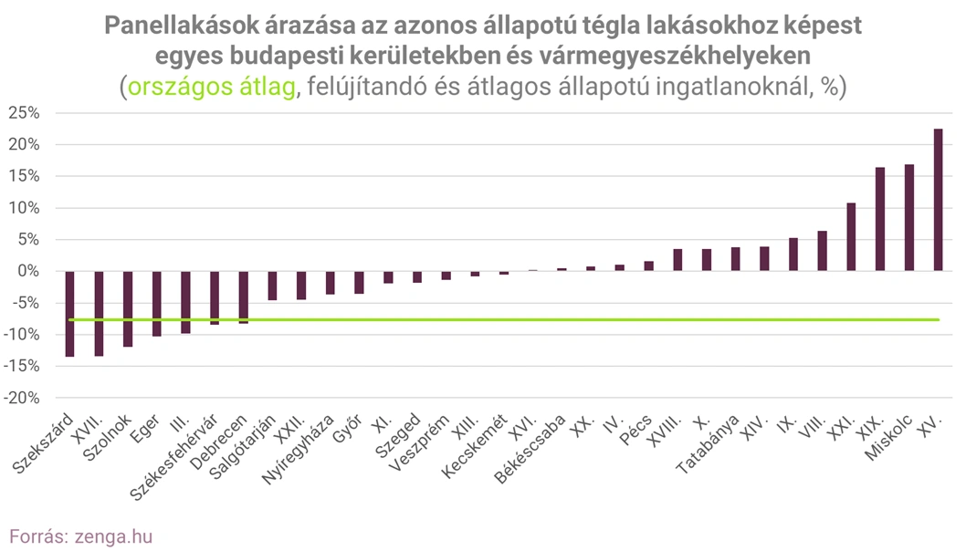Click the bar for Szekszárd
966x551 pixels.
tap(69, 314)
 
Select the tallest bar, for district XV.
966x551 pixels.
tap(938, 200)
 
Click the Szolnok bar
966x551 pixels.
tap(128, 308)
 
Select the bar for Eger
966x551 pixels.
tap(156, 304)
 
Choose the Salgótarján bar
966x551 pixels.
tap(272, 286)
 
